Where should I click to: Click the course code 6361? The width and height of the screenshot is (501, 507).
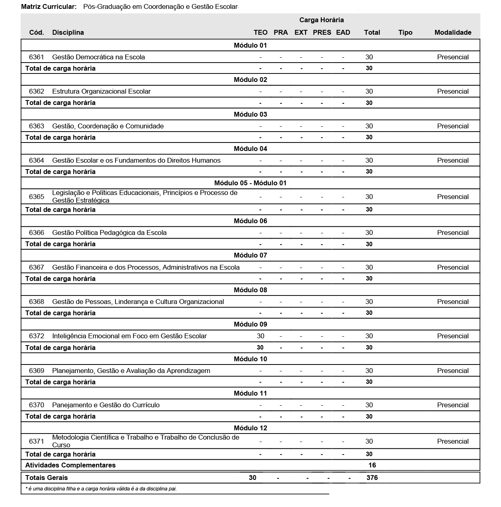(x=36, y=57)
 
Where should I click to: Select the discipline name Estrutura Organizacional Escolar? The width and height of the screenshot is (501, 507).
(x=101, y=91)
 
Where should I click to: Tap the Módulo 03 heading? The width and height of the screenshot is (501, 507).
(x=250, y=114)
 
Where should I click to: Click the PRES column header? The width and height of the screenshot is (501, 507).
(x=322, y=32)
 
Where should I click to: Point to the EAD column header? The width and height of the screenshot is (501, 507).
(x=343, y=32)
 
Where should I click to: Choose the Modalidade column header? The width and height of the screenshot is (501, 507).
(x=453, y=32)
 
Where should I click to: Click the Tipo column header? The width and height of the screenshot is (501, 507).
(x=405, y=32)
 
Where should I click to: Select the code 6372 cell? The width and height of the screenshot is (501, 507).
(x=36, y=336)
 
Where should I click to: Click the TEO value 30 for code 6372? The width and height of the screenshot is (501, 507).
(x=261, y=336)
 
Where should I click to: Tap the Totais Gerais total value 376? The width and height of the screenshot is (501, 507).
(x=372, y=478)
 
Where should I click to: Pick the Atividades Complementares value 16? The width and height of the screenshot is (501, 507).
(x=372, y=465)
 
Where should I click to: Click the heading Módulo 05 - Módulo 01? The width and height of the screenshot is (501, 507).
(x=250, y=183)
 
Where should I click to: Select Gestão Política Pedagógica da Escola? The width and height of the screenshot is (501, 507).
(x=109, y=233)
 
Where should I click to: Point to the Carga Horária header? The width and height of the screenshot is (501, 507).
(x=322, y=20)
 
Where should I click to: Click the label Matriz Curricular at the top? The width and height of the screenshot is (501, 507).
(x=49, y=7)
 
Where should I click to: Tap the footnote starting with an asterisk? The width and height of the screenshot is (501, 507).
(x=101, y=489)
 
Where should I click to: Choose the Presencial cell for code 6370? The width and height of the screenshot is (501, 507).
(x=453, y=405)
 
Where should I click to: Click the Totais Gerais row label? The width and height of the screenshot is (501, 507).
(x=46, y=478)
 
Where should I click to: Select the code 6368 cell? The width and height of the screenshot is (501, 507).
(x=36, y=302)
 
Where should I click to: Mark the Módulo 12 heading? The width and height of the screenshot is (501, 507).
(x=250, y=428)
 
